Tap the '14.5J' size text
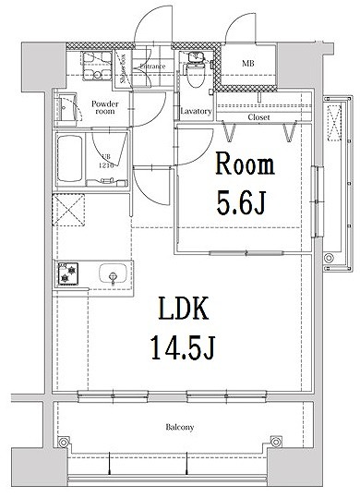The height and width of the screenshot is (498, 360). [181, 348]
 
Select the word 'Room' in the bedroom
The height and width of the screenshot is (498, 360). [244, 166]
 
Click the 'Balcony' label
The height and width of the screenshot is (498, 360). [179, 427]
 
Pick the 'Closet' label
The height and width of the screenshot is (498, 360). [259, 117]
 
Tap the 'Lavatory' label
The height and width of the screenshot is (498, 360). [196, 112]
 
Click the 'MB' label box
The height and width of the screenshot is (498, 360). [248, 64]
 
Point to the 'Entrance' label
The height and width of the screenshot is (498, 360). [152, 67]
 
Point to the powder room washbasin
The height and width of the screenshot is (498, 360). [65, 109]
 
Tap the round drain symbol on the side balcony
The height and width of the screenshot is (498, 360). [330, 257]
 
